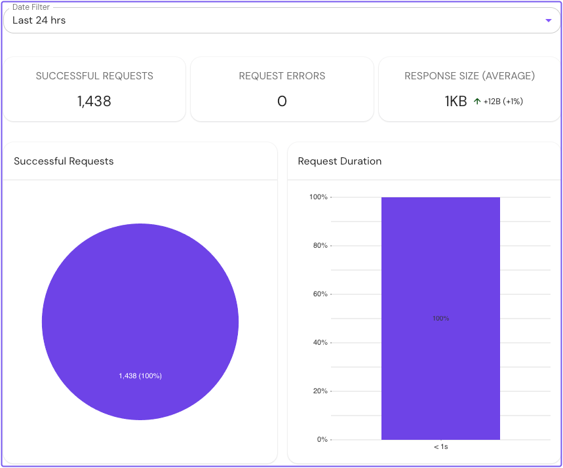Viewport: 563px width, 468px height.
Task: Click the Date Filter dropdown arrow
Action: tap(549, 20)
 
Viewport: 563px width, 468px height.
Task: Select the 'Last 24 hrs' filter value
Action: tap(39, 20)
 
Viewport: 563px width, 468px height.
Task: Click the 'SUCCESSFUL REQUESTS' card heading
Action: tap(94, 76)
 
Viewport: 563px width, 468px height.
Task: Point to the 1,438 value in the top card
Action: tap(94, 101)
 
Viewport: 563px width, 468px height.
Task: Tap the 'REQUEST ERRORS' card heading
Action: tap(282, 76)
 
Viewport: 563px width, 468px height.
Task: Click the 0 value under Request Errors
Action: tap(282, 101)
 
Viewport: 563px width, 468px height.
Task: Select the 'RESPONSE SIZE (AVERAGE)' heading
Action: tap(469, 76)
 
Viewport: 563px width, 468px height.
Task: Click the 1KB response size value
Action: tap(456, 102)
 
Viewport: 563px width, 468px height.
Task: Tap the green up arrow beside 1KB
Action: tap(477, 102)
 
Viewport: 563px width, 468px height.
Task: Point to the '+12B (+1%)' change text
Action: tap(503, 102)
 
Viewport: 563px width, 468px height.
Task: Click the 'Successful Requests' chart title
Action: tap(64, 161)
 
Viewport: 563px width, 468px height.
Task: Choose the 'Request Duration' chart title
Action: tap(340, 161)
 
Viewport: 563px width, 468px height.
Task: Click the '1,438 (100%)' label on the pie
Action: tap(140, 376)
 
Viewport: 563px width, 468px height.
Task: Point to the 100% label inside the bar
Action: tap(440, 319)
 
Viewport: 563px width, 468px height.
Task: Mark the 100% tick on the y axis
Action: tap(319, 197)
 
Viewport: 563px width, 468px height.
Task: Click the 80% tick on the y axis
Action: tap(320, 246)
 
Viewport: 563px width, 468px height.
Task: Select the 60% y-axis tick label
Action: tap(320, 294)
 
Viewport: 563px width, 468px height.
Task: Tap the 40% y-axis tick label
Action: tap(320, 343)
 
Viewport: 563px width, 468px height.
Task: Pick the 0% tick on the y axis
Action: tap(322, 440)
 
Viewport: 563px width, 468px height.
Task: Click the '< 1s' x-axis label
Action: tap(440, 447)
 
